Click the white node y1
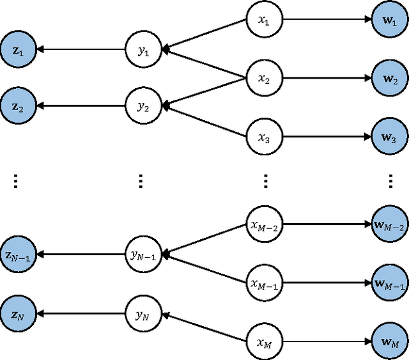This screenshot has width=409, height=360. (142, 49)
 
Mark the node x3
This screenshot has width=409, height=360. (264, 136)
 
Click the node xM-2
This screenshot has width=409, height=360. (264, 225)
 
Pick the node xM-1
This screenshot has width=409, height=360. (264, 283)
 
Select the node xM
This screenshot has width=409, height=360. (264, 342)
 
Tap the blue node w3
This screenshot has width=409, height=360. (390, 136)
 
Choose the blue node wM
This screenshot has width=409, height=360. (390, 342)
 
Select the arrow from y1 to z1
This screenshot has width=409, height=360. (79, 49)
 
